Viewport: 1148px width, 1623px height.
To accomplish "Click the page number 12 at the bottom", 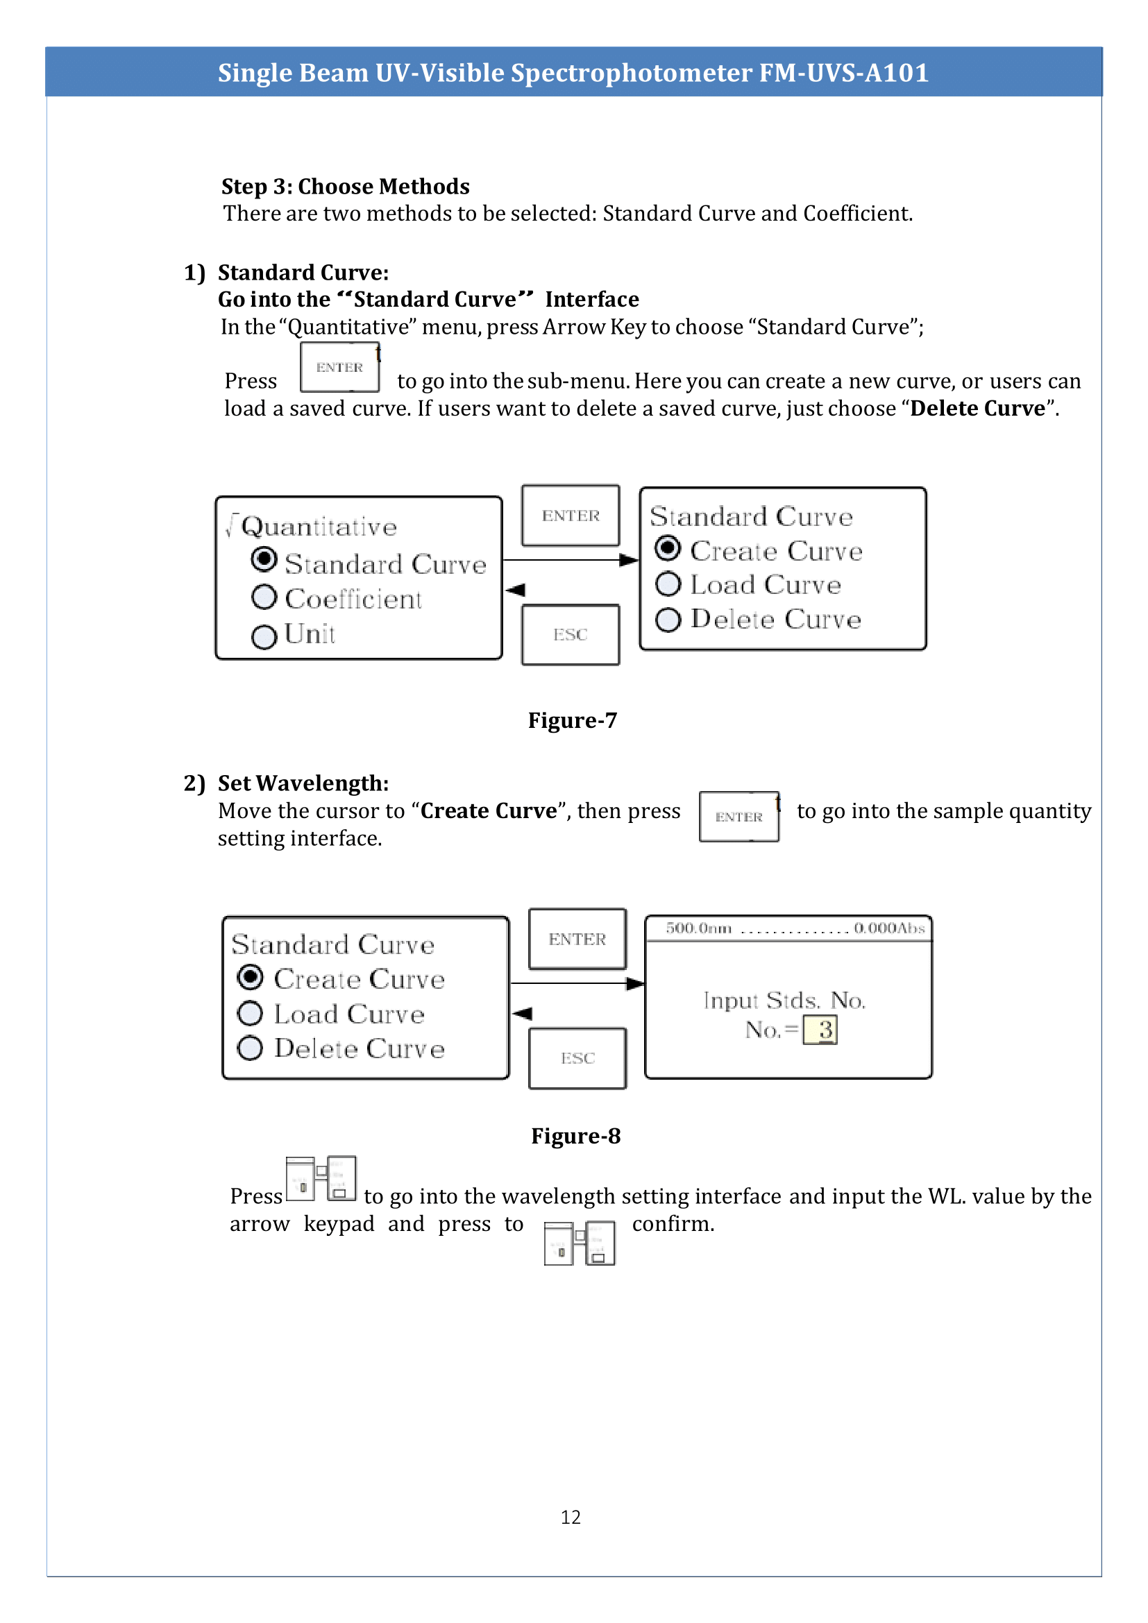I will point(571,1517).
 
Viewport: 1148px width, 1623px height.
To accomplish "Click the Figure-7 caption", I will point(573,720).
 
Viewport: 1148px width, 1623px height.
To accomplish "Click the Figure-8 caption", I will point(575,1136).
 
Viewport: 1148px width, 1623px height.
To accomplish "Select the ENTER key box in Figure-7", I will point(571,516).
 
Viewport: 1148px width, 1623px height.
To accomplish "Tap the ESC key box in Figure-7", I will point(571,635).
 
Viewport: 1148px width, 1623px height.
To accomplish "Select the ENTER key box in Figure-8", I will point(577,939).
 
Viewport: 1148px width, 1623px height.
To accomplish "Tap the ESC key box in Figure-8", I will point(577,1058).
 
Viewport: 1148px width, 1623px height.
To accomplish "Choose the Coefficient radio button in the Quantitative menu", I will point(264,597).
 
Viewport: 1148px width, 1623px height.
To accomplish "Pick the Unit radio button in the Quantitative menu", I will point(264,636).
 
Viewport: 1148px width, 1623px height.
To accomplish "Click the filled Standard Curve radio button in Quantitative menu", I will point(264,560).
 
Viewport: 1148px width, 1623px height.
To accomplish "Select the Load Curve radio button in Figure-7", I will point(668,584).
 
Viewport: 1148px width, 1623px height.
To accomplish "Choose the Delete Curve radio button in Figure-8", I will point(251,1048).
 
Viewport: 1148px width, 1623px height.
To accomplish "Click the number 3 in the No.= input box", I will point(825,1030).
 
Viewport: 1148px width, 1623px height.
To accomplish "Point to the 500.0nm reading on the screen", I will point(698,928).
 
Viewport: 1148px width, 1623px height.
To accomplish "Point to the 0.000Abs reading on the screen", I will point(889,928).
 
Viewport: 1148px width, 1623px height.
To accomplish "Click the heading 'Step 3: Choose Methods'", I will point(345,187).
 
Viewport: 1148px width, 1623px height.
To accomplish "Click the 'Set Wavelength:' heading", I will point(303,783).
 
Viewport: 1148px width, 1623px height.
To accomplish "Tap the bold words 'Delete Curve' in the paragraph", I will point(977,409).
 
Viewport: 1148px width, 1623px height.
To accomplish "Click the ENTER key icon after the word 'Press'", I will point(340,368).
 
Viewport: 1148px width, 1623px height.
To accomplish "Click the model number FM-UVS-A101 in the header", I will point(843,73).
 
